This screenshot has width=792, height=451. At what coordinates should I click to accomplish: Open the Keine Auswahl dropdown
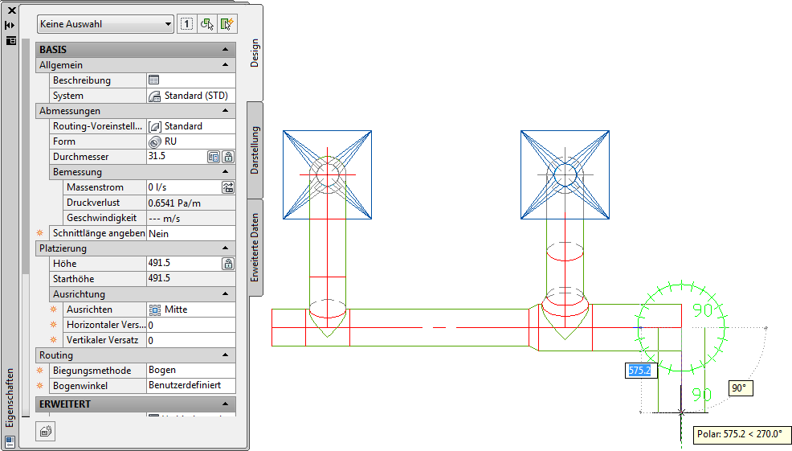pos(105,24)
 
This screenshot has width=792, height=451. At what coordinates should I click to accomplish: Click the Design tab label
pos(255,53)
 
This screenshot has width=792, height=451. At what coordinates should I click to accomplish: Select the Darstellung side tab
pos(255,150)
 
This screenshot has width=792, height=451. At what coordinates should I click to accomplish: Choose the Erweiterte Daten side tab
pos(255,248)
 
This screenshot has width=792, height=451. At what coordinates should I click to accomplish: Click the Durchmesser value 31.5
pos(157,156)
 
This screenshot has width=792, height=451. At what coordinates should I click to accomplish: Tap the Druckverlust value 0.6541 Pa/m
pos(174,203)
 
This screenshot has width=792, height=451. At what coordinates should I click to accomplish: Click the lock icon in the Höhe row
pos(228,264)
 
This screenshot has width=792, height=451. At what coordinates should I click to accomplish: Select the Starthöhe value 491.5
pos(159,278)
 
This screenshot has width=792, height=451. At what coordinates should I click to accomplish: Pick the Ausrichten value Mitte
pos(176,310)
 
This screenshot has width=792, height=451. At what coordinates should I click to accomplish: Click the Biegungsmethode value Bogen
pos(162,370)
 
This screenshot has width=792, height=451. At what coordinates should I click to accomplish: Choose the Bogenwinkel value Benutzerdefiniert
pos(185,385)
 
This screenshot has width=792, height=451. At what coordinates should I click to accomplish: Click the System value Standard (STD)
pos(196,96)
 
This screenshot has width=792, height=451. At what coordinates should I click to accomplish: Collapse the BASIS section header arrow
pos(225,50)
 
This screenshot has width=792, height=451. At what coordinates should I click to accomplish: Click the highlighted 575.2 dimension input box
pos(641,371)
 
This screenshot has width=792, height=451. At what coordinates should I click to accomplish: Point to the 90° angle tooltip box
pos(741,388)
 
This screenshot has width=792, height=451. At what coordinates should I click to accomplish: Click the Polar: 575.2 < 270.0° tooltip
pos(740,434)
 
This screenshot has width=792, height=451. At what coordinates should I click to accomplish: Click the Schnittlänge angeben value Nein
pos(158,234)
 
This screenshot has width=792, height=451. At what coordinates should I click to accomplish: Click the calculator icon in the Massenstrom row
pos(228,187)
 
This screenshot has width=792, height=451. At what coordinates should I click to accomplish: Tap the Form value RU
pos(171,141)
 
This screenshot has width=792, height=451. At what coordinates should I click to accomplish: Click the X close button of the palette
pos(11,10)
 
